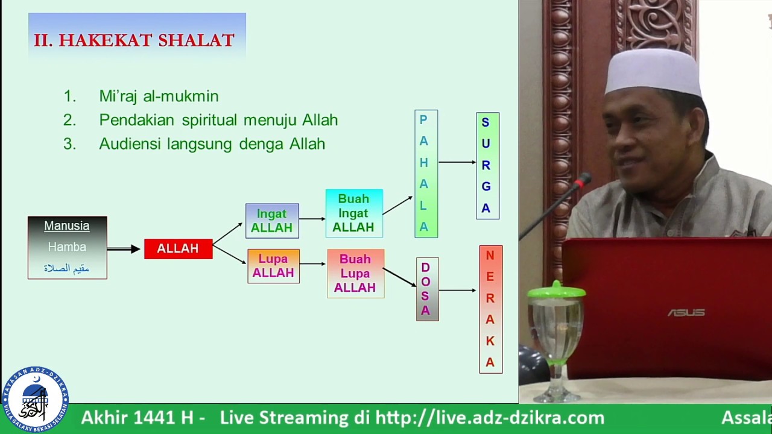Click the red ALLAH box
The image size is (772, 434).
(x=178, y=249)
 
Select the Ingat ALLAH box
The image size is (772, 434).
(x=272, y=221)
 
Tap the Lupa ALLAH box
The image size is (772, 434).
(x=273, y=266)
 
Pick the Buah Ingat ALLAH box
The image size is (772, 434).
(x=354, y=213)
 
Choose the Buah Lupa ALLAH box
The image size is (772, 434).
(x=355, y=274)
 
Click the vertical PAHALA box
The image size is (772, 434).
(x=426, y=174)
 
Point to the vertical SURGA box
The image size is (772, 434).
(x=487, y=166)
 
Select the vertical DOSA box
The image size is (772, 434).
(x=427, y=289)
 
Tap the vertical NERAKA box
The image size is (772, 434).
(x=490, y=309)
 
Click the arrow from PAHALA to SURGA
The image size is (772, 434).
(x=457, y=162)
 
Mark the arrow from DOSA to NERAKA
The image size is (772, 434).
(x=458, y=291)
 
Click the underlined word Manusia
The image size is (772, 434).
(x=66, y=226)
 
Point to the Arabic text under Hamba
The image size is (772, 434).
(x=66, y=268)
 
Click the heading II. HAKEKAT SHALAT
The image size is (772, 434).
(x=134, y=40)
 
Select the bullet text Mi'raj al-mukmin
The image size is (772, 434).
(x=159, y=96)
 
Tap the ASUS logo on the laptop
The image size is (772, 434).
(x=686, y=313)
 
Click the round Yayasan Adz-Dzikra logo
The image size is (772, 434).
(x=35, y=399)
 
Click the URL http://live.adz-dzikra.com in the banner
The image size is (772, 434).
(x=490, y=418)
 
